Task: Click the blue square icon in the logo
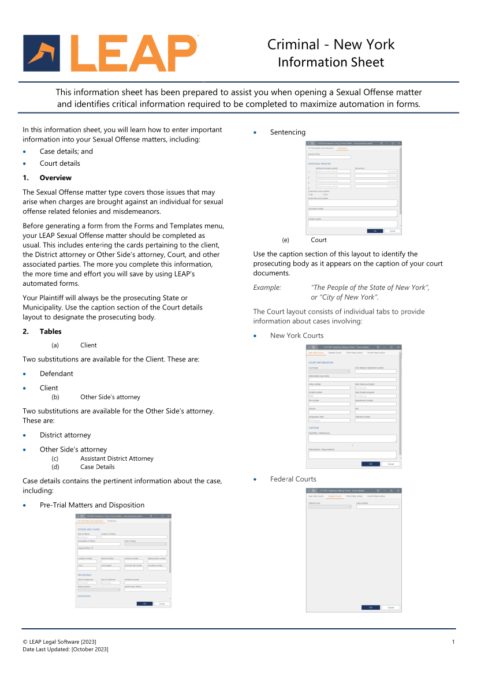click(42, 53)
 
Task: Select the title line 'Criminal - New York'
click(330, 44)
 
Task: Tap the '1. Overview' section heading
click(55, 178)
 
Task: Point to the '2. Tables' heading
click(50, 331)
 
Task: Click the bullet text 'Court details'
click(60, 163)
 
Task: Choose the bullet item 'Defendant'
click(57, 374)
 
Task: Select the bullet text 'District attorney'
click(65, 435)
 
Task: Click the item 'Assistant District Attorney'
click(117, 458)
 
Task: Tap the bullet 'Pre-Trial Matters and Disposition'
click(92, 505)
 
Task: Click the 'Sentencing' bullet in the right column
click(288, 132)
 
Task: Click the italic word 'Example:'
click(267, 288)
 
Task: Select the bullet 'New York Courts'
click(297, 335)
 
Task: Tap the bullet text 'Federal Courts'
click(293, 479)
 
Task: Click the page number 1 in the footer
click(453, 642)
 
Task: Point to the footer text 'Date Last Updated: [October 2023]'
click(65, 650)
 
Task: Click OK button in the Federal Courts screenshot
click(370, 607)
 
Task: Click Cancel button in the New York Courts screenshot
click(390, 464)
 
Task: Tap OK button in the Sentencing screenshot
click(374, 231)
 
